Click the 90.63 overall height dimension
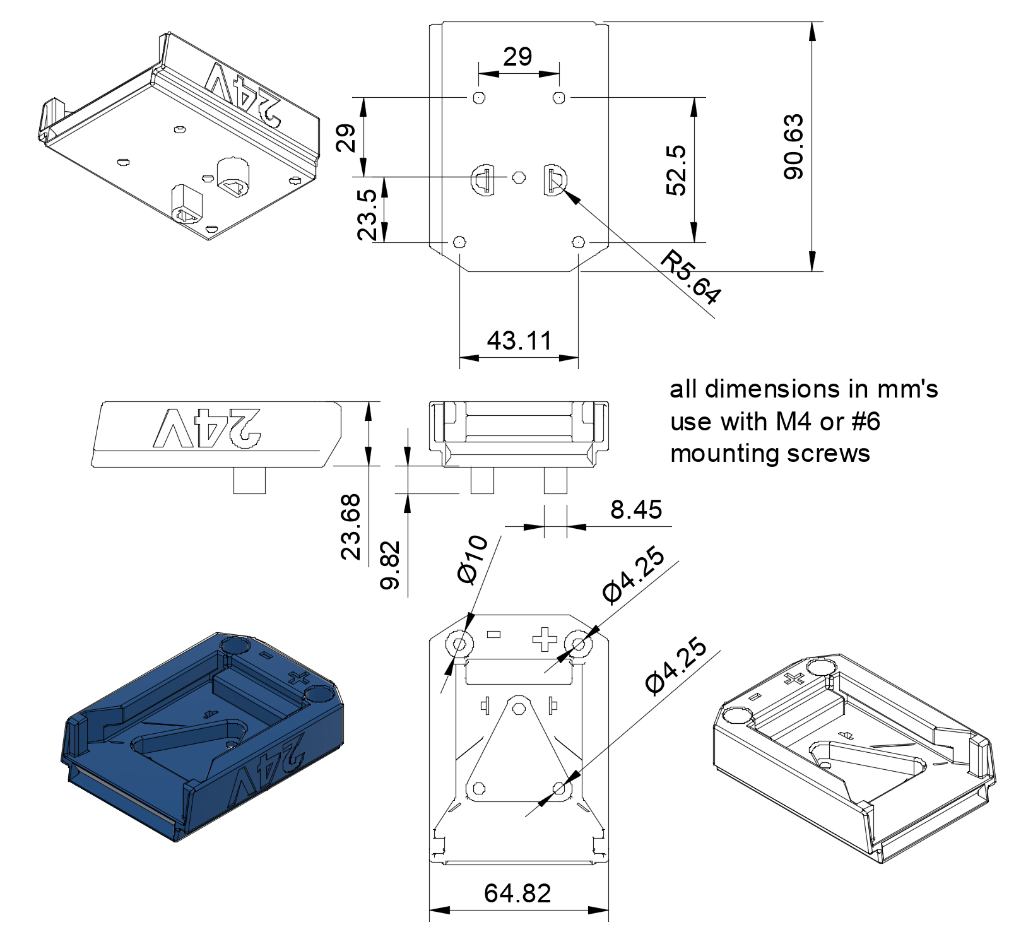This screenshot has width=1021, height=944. coord(794,147)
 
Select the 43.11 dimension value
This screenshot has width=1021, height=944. coord(519,341)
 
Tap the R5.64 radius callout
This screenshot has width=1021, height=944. coord(690,277)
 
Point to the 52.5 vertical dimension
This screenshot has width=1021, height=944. coord(676,170)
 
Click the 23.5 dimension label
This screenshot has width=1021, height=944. coord(367,215)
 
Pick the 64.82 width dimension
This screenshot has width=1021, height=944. coord(517,893)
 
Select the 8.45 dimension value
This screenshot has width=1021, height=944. coord(636,509)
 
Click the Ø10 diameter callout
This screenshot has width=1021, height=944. coord(473,559)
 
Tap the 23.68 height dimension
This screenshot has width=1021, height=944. coord(351,527)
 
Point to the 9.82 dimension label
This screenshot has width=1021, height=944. coord(390,565)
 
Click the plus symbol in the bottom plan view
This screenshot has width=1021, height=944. coord(545,639)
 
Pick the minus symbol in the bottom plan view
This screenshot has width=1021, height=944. coord(493,634)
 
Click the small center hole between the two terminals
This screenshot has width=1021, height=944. coord(519,177)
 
